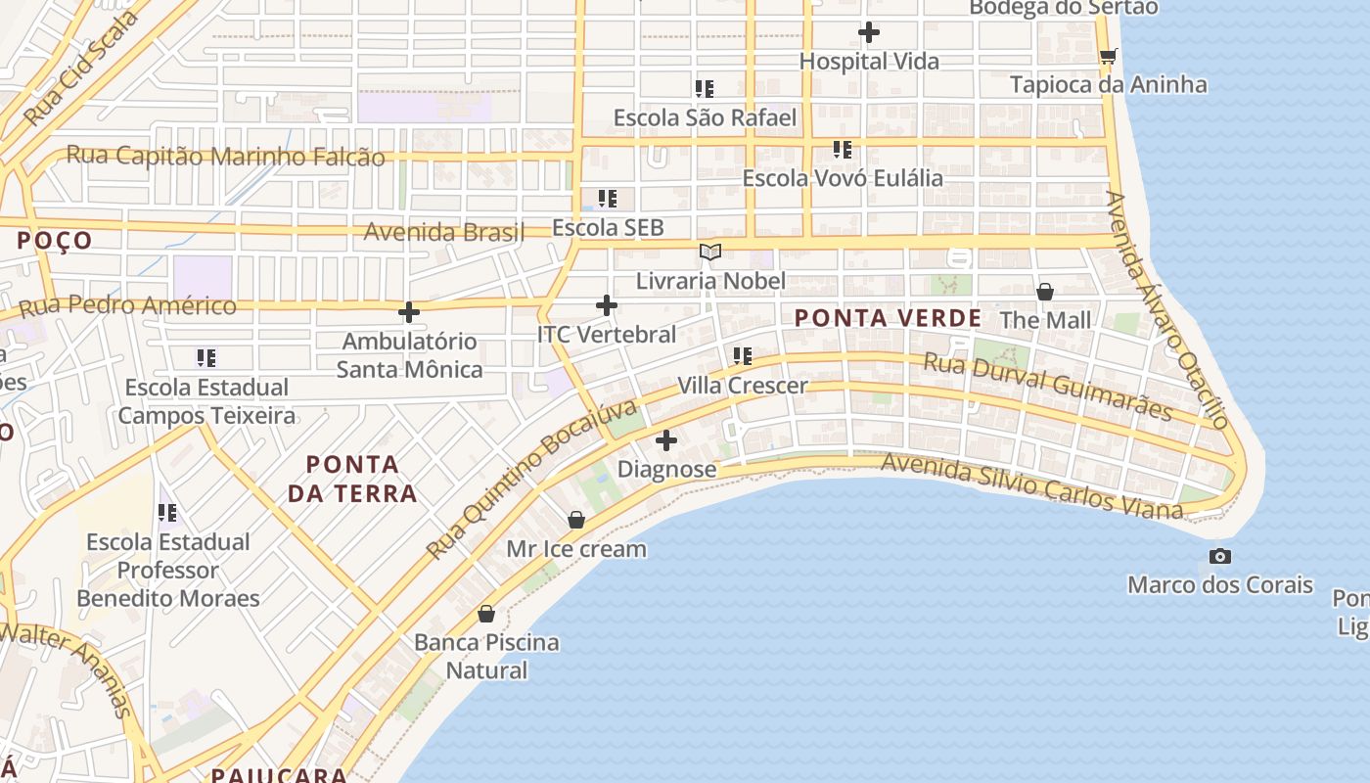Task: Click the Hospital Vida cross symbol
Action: tap(868, 33)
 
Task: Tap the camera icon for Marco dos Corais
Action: tap(1219, 556)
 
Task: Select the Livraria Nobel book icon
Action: tap(710, 253)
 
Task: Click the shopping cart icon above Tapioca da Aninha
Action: tap(1108, 56)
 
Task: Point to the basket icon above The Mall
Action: tap(1045, 292)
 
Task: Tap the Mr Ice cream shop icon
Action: tap(576, 520)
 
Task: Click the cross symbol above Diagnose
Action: tap(666, 440)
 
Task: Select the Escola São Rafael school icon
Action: tap(705, 89)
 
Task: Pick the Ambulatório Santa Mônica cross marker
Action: tap(409, 313)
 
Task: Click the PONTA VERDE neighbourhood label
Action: tap(888, 318)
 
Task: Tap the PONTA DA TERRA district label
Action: tap(352, 479)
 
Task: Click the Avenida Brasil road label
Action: tap(444, 233)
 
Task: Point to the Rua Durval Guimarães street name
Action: tap(1047, 388)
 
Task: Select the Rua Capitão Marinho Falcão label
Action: tap(225, 156)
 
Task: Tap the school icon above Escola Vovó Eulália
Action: tap(843, 150)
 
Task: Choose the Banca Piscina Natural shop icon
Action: tap(486, 614)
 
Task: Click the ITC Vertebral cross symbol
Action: tap(607, 305)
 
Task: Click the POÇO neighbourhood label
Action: tap(55, 241)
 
